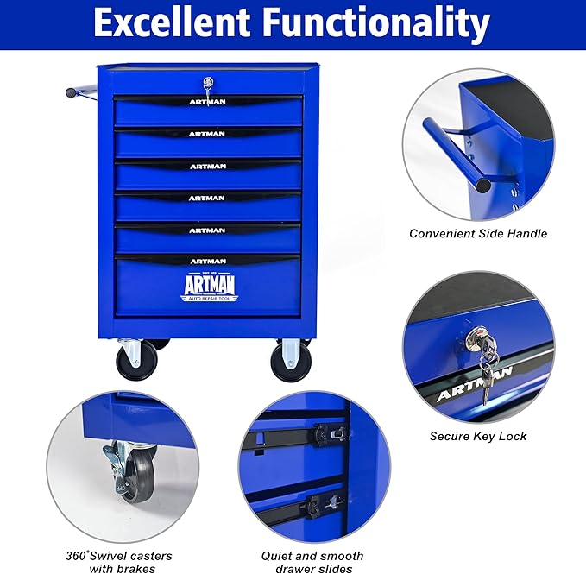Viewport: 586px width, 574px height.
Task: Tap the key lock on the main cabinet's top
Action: click(x=208, y=85)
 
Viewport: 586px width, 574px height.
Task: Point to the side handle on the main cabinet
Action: click(x=82, y=90)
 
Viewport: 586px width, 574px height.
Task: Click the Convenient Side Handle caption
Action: click(x=478, y=233)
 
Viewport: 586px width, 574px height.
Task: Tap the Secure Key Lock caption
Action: click(x=478, y=436)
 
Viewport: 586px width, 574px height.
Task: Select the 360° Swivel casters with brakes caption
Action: click(x=120, y=562)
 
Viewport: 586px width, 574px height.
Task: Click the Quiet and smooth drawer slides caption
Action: click(x=312, y=562)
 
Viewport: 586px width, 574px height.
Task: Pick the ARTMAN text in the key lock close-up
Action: click(x=474, y=383)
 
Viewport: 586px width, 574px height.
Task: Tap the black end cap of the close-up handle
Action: click(x=482, y=185)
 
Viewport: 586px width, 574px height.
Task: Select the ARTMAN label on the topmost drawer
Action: click(x=207, y=101)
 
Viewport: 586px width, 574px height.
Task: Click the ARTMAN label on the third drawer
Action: click(x=207, y=166)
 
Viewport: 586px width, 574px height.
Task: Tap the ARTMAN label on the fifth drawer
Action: click(x=207, y=230)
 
